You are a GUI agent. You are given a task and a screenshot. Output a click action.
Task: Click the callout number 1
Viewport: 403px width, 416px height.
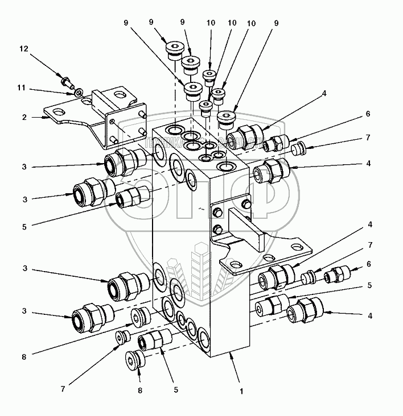(241, 391)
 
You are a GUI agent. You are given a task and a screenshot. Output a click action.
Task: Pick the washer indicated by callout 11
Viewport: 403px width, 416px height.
(79, 91)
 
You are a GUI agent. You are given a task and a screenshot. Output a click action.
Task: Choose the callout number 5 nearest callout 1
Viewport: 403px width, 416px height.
(176, 390)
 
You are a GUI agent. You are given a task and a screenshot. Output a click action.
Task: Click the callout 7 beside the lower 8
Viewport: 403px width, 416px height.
(63, 389)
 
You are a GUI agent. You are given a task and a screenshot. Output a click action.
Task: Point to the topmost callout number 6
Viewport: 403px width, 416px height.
(368, 114)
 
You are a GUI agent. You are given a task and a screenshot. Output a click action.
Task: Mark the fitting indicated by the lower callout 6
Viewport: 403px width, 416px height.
(335, 277)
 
